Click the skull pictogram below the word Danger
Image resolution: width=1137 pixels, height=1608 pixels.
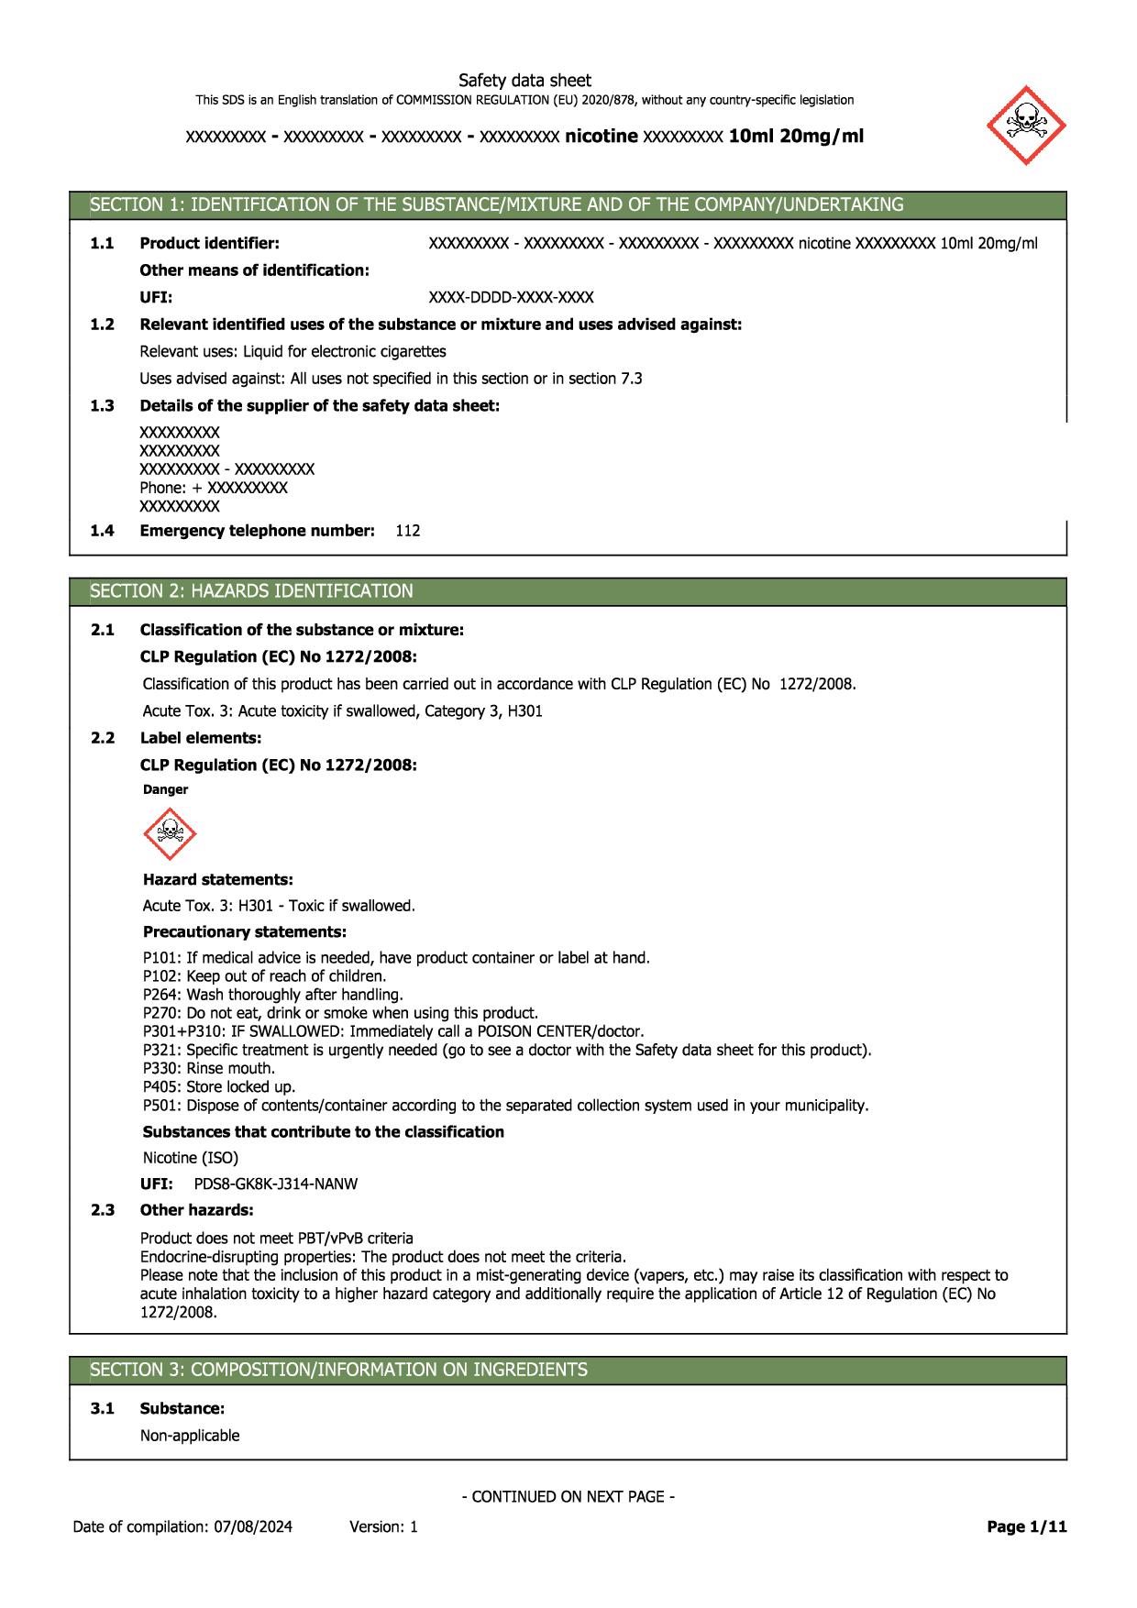pos(170,833)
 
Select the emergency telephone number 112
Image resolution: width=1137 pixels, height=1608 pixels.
pos(408,530)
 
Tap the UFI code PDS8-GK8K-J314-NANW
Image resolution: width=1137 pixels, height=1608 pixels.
pos(276,1184)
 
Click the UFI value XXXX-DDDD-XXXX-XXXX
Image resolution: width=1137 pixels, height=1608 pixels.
pos(511,297)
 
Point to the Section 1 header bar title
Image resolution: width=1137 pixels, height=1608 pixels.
pos(496,204)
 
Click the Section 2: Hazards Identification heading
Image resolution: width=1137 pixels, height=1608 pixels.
pos(251,591)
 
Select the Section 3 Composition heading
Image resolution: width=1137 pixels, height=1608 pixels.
pos(338,1370)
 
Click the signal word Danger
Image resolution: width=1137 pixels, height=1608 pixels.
pos(166,789)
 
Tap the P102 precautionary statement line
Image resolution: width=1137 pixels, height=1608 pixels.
pos(264,976)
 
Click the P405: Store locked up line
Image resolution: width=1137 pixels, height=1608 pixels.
pos(219,1086)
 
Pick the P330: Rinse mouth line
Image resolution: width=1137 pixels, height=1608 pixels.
pos(209,1068)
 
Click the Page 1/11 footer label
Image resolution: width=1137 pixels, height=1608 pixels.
pos(1027,1526)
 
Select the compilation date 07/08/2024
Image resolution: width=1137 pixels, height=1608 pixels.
pos(254,1526)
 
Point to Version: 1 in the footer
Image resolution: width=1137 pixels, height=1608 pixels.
pos(383,1526)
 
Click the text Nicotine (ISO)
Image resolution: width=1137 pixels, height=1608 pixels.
pos(191,1158)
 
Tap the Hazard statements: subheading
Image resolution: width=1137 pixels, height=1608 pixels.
pos(218,879)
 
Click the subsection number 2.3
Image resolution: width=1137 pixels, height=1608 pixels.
pos(102,1210)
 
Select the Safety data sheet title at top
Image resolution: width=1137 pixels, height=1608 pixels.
pos(524,81)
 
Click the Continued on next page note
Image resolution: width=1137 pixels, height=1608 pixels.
pos(568,1497)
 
